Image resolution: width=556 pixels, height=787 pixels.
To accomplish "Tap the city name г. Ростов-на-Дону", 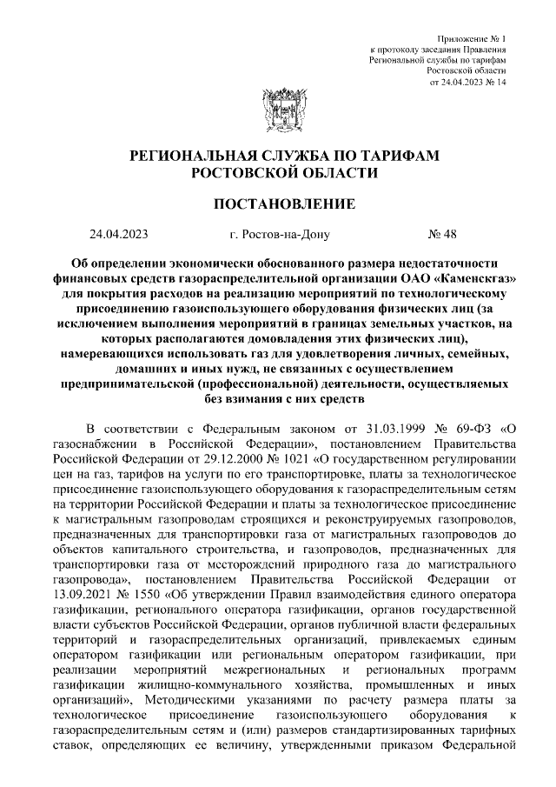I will tap(280, 234).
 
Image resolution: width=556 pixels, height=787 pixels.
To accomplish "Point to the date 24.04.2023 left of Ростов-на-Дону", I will tap(119, 234).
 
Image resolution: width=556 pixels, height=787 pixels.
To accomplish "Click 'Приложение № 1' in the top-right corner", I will tap(474, 40).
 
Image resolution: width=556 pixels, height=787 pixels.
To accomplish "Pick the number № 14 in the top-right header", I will tap(493, 82).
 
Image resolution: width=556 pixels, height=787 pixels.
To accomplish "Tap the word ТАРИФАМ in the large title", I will tap(404, 156).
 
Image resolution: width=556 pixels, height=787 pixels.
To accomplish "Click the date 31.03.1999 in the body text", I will tap(375, 429).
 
